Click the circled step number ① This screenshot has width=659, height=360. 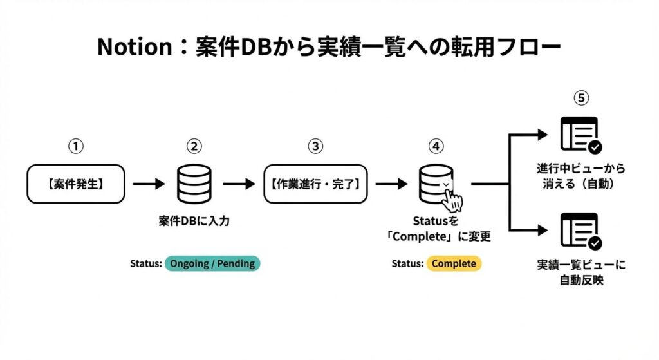(76, 147)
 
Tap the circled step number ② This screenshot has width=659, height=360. (194, 147)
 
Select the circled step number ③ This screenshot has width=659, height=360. (315, 147)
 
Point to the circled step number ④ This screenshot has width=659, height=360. (436, 147)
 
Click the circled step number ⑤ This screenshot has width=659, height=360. (581, 99)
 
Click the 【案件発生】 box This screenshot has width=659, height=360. (76, 184)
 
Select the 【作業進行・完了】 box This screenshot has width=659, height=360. (315, 184)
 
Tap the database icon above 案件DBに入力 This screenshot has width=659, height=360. (194, 184)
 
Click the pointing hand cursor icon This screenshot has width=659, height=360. (455, 200)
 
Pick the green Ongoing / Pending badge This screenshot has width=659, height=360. (212, 263)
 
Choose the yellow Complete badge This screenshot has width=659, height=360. (454, 263)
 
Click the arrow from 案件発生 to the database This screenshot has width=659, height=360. (149, 184)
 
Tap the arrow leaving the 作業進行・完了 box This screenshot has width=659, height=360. (391, 184)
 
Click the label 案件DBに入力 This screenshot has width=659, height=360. (194, 221)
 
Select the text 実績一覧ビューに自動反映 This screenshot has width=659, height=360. (580, 273)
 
